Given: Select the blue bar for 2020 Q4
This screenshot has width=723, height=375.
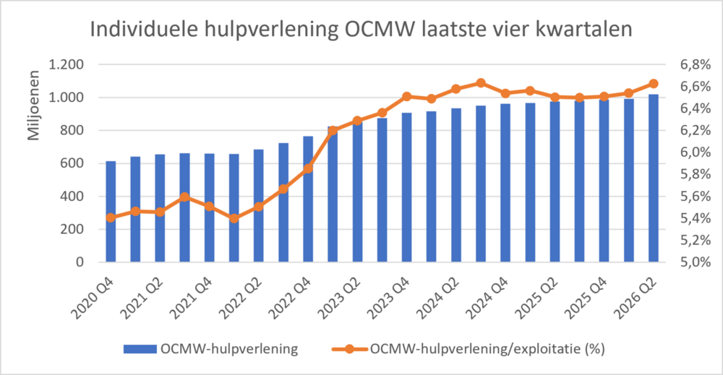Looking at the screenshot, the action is click(x=111, y=212).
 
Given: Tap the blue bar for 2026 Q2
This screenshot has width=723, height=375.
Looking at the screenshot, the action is click(x=654, y=178).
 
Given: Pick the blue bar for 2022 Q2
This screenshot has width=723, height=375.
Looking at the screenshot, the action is click(x=259, y=205).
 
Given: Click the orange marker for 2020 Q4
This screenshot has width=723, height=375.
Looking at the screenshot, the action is click(x=111, y=218).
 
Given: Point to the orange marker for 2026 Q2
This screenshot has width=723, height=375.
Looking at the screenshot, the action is click(x=654, y=84).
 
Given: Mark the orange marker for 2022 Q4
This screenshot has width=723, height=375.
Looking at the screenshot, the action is click(x=308, y=168).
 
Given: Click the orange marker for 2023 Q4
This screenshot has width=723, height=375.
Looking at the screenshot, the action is click(x=406, y=96).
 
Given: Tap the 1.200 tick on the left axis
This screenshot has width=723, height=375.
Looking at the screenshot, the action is click(x=67, y=64).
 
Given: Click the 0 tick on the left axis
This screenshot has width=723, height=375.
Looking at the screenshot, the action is click(x=80, y=262).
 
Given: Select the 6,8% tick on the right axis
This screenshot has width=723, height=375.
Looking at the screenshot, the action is click(x=696, y=65).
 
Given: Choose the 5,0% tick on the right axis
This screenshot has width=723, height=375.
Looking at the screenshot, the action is click(x=696, y=262).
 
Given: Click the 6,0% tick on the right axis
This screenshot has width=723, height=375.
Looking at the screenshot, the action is click(x=696, y=152).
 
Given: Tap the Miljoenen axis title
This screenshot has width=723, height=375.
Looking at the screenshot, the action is click(x=33, y=105).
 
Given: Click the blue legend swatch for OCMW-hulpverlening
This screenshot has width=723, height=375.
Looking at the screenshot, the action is click(x=140, y=349).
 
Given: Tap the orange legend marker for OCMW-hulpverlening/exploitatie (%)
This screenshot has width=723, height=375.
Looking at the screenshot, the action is click(x=349, y=349).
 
